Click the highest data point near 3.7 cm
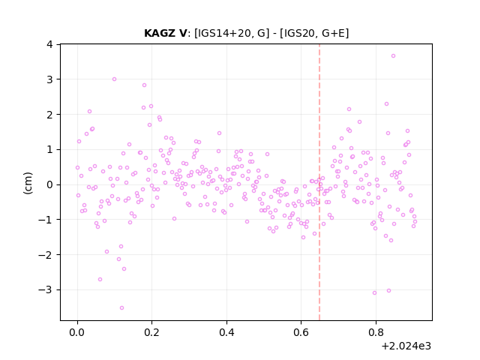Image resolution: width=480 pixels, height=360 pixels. (x=393, y=56)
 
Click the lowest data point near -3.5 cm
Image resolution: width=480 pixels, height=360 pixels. (x=121, y=308)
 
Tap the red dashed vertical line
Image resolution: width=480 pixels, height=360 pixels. (x=319, y=182)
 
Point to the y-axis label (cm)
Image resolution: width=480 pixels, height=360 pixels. (x=28, y=183)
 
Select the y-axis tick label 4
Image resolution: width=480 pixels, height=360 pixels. (x=49, y=44)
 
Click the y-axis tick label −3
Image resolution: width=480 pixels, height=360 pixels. (x=45, y=289)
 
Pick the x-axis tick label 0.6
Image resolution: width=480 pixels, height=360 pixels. (x=301, y=332)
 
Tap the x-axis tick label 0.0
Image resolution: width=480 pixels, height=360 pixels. (x=77, y=332)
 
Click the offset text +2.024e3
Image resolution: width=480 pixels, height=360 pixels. (x=406, y=346)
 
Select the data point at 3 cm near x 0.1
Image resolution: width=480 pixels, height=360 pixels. (x=114, y=79)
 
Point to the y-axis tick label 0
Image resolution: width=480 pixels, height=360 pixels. (x=49, y=184)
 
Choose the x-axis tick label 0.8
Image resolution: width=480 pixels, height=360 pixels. (x=376, y=332)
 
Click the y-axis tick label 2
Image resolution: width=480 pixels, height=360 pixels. (x=49, y=115)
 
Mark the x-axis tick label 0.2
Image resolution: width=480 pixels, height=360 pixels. (x=152, y=332)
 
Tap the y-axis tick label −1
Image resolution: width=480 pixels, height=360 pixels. (x=45, y=220)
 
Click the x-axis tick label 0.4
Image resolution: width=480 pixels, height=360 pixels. (x=226, y=332)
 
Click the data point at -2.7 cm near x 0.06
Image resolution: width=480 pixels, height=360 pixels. (x=100, y=280)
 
